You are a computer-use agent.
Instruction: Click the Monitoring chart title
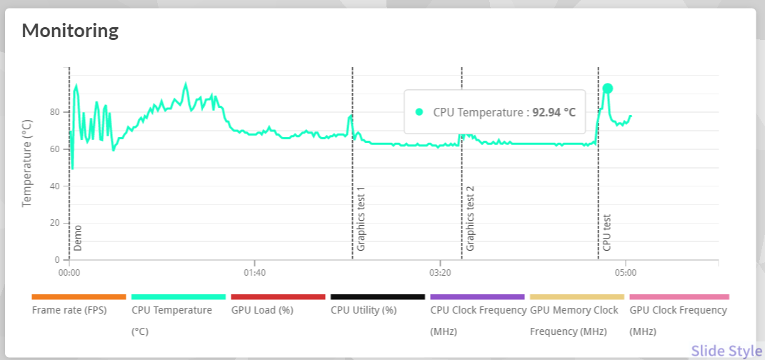70,31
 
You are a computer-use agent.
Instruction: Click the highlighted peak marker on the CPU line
607,89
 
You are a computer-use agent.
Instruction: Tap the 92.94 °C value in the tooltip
554,112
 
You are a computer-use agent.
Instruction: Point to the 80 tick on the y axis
55,112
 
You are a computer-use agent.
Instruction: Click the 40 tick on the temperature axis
55,186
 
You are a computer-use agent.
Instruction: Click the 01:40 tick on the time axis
254,273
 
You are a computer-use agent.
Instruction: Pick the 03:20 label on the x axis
440,273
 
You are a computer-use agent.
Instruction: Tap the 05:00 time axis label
625,273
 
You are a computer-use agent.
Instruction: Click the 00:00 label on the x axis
69,273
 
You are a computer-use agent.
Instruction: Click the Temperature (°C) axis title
27,163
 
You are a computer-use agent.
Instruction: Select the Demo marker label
78,239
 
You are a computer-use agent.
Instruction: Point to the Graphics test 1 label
361,219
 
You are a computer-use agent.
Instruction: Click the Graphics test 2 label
470,219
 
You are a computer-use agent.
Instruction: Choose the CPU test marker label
607,232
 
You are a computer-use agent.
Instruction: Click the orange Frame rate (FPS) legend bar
79,296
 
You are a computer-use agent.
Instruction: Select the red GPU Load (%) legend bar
278,296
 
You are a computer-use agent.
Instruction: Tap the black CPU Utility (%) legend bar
378,296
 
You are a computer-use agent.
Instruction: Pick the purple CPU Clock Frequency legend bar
477,296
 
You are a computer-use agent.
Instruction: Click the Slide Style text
726,351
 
